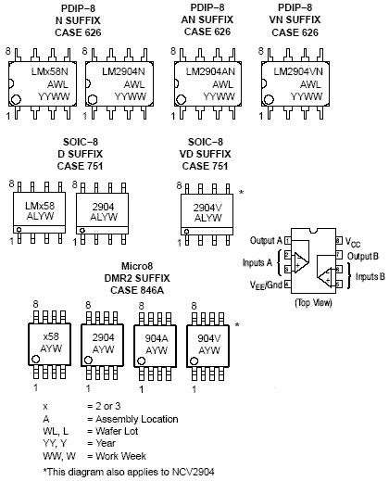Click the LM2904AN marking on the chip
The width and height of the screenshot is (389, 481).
point(210,71)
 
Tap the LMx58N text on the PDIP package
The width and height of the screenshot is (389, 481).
point(49,71)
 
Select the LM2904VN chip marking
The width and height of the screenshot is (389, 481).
point(298,71)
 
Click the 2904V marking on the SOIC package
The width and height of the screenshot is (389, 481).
point(207,208)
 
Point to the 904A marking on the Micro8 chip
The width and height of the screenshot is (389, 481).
point(157,338)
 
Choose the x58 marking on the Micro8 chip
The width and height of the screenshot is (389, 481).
point(51,336)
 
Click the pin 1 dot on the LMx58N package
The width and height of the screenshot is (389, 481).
point(16,99)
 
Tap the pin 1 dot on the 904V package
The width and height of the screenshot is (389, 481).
point(194,361)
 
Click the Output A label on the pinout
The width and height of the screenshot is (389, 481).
point(266,240)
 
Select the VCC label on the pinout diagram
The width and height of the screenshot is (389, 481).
point(353,242)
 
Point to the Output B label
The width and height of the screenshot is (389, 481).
point(363,256)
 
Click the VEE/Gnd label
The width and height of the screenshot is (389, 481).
point(266,285)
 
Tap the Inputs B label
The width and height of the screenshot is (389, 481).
point(370,276)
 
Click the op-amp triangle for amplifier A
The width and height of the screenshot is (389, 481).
point(300,262)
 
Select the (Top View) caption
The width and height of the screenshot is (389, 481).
point(313,302)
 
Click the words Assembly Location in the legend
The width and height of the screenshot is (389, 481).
point(137,419)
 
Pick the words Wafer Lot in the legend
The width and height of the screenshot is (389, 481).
point(117,431)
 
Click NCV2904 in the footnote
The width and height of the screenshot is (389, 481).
point(193,472)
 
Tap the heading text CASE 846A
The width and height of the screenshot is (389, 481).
point(137,290)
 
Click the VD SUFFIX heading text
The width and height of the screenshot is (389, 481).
point(206,154)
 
